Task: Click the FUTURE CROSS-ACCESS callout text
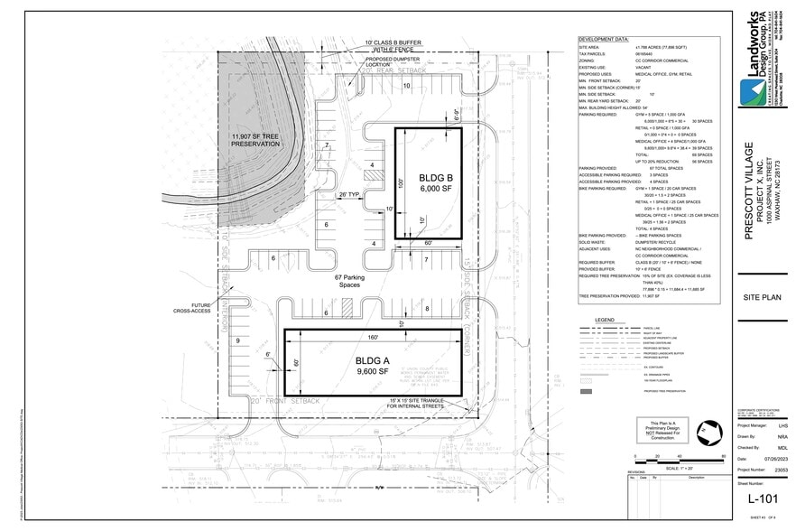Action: point(191,308)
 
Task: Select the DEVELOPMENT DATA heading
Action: point(604,40)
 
